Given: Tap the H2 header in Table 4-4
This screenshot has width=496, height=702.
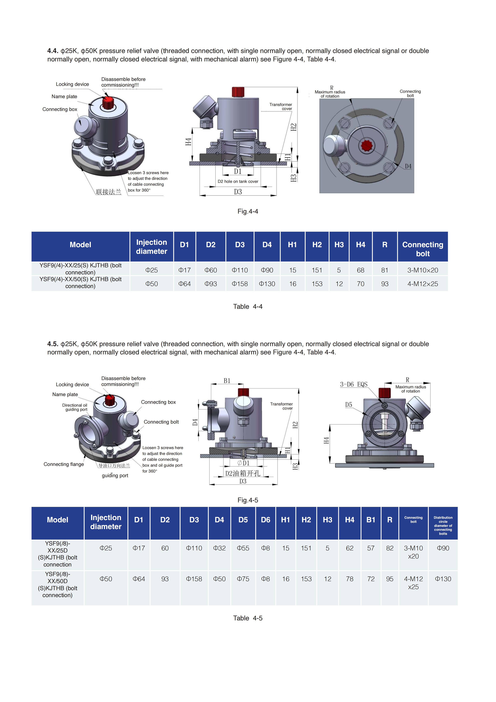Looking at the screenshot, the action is [x=317, y=245].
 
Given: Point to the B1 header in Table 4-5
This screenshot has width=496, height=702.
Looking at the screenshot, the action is [x=371, y=520].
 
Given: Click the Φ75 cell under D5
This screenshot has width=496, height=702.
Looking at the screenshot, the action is [x=243, y=579].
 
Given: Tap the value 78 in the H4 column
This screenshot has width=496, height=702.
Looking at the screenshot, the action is [x=350, y=579].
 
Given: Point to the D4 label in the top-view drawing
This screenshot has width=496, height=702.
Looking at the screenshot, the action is [x=408, y=166].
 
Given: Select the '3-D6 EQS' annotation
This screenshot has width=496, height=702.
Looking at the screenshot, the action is [x=354, y=384].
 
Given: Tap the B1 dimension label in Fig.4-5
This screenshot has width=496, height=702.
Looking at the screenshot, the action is [x=227, y=381].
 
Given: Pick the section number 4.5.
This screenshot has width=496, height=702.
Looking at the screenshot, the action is [x=52, y=344].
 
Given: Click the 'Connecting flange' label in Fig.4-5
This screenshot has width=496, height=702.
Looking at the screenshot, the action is [x=64, y=464].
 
